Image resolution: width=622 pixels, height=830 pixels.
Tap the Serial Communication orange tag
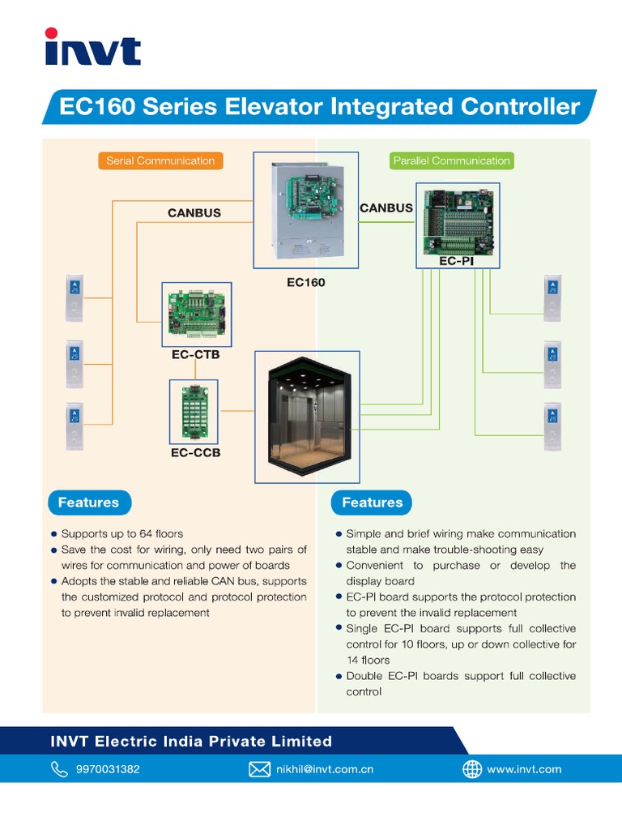click(160, 160)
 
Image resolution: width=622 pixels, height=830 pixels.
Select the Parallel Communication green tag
click(451, 160)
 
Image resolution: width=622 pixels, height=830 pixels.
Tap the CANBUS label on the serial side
click(194, 213)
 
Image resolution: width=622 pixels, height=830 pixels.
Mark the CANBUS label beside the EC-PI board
click(386, 207)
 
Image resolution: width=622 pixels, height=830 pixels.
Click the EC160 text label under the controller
click(305, 283)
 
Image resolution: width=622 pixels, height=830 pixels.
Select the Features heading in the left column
click(88, 503)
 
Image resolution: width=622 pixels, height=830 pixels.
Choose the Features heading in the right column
click(372, 503)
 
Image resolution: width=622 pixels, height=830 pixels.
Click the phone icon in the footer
click(60, 769)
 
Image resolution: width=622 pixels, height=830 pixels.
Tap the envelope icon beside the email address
click(259, 769)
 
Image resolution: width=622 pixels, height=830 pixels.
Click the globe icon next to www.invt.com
click(471, 769)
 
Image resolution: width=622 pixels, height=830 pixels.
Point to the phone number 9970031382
click(108, 769)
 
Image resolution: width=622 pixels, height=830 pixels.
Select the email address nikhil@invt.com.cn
click(325, 769)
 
